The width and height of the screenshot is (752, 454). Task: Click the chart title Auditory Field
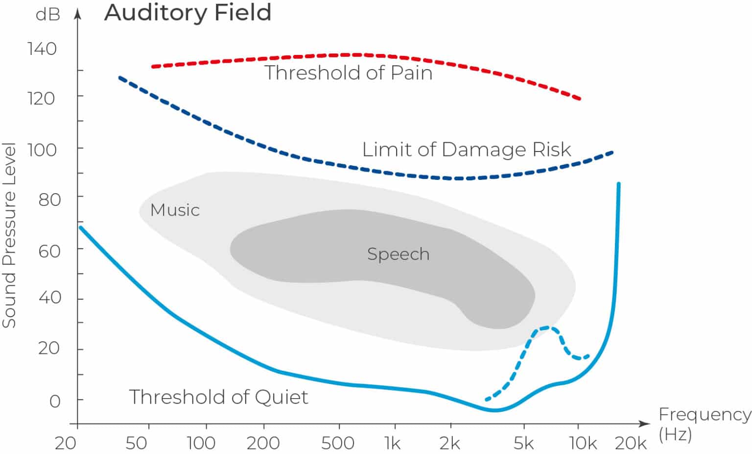point(188,13)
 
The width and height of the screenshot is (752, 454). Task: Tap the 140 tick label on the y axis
point(42,49)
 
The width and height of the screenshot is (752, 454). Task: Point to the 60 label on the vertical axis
point(49,251)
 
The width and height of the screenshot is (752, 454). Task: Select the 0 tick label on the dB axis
point(55,402)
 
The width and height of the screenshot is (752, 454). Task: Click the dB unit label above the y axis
point(48,15)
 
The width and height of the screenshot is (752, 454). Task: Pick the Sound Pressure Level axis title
point(9,235)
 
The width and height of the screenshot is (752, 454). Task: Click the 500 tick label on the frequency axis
point(337,443)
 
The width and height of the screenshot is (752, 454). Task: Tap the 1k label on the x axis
point(392,443)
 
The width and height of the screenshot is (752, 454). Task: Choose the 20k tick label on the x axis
point(631,443)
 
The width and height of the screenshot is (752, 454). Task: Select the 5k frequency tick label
point(523,443)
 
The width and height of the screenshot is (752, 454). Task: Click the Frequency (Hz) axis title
point(704,424)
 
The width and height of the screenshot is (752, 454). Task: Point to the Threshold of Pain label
point(349,73)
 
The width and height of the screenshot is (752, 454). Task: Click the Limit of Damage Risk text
point(467,150)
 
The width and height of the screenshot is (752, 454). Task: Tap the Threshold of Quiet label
point(218,397)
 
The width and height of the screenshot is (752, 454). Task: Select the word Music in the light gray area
point(175,210)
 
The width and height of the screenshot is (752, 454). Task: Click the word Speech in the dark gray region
point(398,254)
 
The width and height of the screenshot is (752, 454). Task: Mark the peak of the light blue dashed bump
point(547,328)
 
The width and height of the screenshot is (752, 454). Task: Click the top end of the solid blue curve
point(619,184)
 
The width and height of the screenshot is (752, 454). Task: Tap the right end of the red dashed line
point(580,99)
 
